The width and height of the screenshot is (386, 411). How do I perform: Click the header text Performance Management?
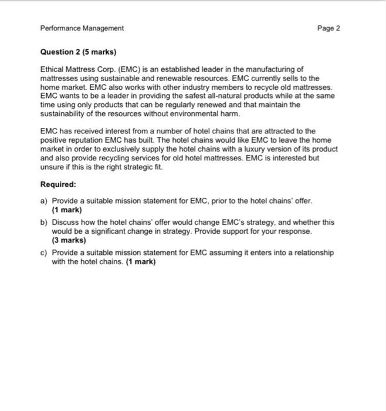click(82, 28)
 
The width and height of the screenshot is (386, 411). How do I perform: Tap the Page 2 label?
click(328, 28)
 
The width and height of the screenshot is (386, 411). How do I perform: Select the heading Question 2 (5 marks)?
click(75, 52)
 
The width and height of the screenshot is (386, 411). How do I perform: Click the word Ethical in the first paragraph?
click(51, 69)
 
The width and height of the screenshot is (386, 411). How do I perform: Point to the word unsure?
click(51, 167)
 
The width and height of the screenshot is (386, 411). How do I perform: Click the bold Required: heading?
click(58, 184)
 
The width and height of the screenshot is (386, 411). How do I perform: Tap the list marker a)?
click(43, 201)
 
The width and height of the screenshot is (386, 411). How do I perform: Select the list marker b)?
click(43, 223)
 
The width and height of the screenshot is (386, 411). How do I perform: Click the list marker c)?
click(43, 252)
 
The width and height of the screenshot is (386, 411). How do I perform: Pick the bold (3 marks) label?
click(69, 240)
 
